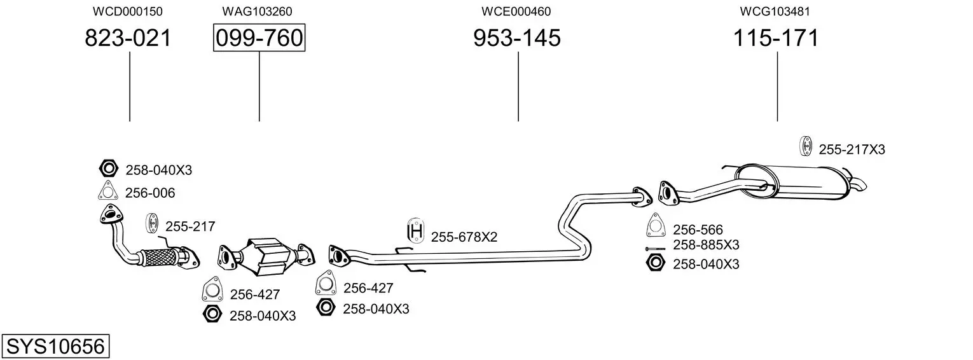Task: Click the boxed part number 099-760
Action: tap(259, 38)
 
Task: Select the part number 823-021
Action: tap(128, 38)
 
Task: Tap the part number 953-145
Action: tap(517, 38)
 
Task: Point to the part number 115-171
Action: tap(776, 38)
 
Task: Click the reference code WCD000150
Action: tap(128, 11)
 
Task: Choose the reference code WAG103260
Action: tap(258, 11)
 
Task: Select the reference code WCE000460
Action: tap(516, 11)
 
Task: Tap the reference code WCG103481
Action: tap(775, 11)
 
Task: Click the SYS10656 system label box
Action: tap(55, 347)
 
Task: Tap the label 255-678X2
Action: tap(464, 237)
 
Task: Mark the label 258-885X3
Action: tap(706, 246)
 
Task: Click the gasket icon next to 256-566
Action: tap(655, 226)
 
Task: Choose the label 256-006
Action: tap(150, 193)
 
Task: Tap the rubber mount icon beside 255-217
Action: tap(153, 223)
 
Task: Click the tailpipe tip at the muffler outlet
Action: tap(860, 185)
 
